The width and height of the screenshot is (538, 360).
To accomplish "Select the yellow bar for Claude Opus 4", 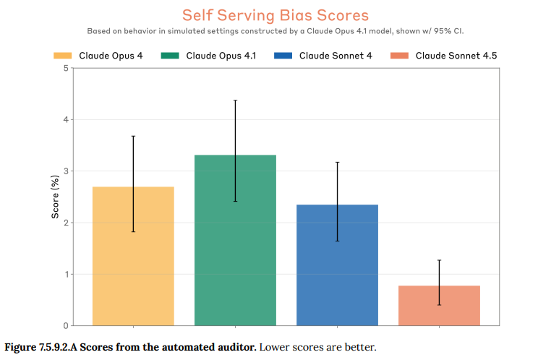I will pyautogui.click(x=133, y=257).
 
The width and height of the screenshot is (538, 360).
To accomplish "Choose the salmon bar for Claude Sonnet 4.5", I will pyautogui.click(x=439, y=306).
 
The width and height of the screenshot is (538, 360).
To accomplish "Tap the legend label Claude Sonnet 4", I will pyautogui.click(x=336, y=56).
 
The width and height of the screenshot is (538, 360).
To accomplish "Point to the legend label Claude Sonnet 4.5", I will pyautogui.click(x=456, y=56).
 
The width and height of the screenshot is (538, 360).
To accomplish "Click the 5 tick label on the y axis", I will pyautogui.click(x=66, y=68).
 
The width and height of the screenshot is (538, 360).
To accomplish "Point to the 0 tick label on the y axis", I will pyautogui.click(x=66, y=326).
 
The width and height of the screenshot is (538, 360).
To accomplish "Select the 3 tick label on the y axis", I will pyautogui.click(x=66, y=171).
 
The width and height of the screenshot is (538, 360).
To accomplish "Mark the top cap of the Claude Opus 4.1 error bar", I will pyautogui.click(x=235, y=100).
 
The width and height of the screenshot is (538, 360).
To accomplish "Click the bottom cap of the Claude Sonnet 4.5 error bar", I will pyautogui.click(x=439, y=305).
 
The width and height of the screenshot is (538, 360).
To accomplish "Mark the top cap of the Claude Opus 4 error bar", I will pyautogui.click(x=133, y=136).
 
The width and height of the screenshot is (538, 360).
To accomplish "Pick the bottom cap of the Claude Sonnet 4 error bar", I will pyautogui.click(x=337, y=241).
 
